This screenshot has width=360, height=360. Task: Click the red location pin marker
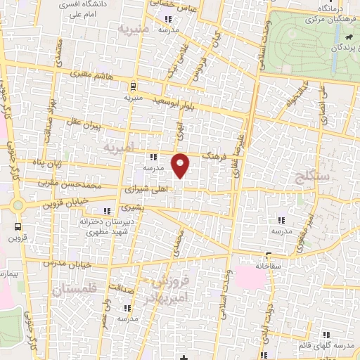pyautogui.click(x=181, y=165)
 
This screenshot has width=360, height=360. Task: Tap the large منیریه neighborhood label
pyautogui.click(x=134, y=31)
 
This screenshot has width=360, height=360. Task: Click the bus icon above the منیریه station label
pyautogui.click(x=133, y=86)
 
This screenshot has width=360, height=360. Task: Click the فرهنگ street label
pyautogui.click(x=212, y=155)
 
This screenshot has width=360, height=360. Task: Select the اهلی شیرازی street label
pyautogui.click(x=146, y=189)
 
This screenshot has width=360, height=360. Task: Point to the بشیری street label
pyautogui.click(x=132, y=208)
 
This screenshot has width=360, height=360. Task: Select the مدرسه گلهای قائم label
pyautogui.click(x=335, y=349)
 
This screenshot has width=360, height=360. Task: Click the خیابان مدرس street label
pyautogui.click(x=64, y=261)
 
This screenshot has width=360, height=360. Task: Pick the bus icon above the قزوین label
pyautogui.click(x=18, y=228)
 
